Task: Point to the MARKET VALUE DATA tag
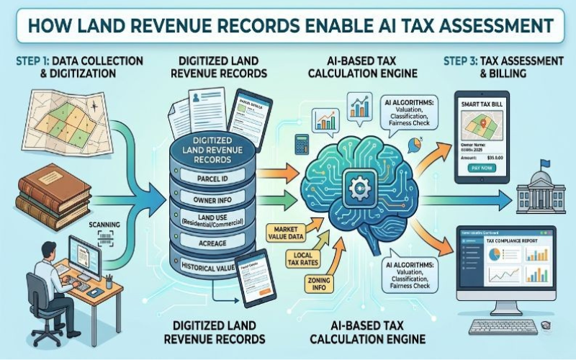point(284,232)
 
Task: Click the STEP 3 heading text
point(504,63)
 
